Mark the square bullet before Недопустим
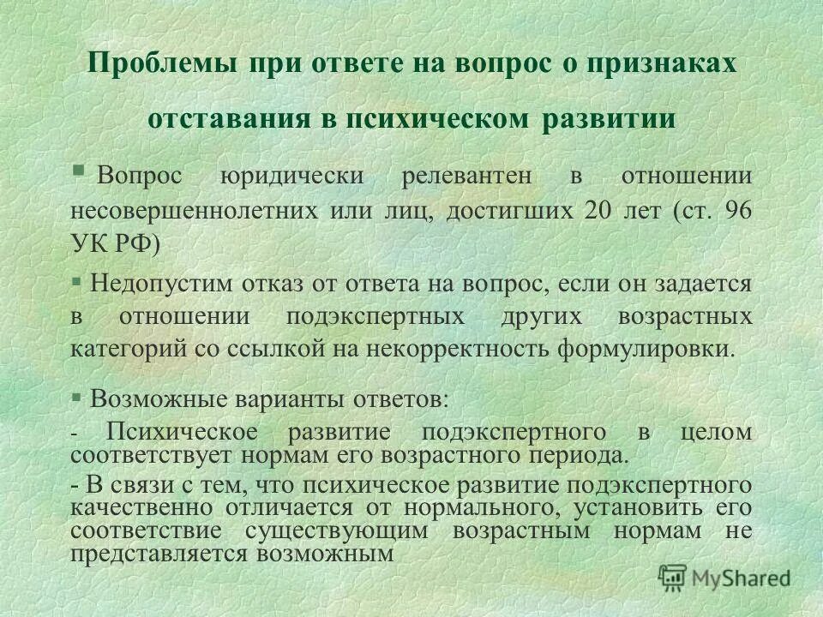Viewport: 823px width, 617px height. point(75,280)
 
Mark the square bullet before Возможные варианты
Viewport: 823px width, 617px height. point(75,397)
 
